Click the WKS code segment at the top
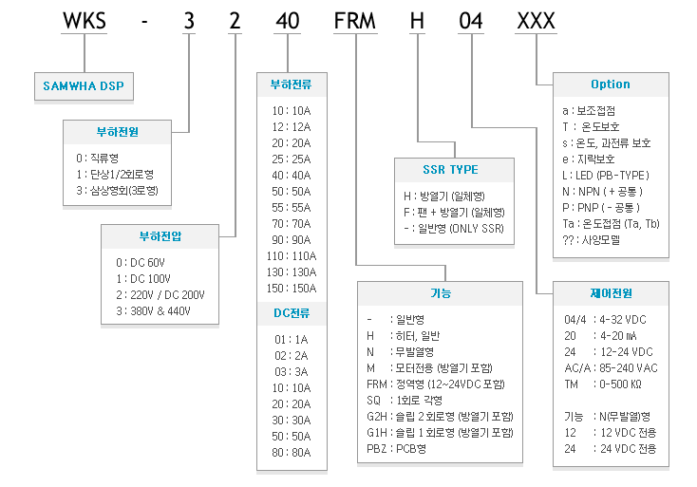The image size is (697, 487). pos(85,21)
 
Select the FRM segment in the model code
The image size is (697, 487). pos(355,21)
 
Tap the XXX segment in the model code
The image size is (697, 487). pos(537,21)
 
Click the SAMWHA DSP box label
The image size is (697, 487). pos(84,85)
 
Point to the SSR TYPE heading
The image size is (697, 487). pos(450,169)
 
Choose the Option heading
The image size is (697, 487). pos(611,84)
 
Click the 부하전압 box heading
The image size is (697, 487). pos(160,236)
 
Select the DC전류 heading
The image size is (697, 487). pos(292,313)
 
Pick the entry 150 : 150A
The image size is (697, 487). pos(292,288)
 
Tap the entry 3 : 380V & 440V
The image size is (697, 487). pos(153,310)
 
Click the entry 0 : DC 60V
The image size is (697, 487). pos(141,262)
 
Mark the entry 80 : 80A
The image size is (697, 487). pos(292,452)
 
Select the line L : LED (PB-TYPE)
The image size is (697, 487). pos(606,175)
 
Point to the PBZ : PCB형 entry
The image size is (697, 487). pos(396,449)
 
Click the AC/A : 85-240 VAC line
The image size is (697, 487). pos(611,368)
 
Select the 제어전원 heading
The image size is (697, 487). pos(611,292)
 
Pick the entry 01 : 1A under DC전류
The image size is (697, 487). pos(292,340)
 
